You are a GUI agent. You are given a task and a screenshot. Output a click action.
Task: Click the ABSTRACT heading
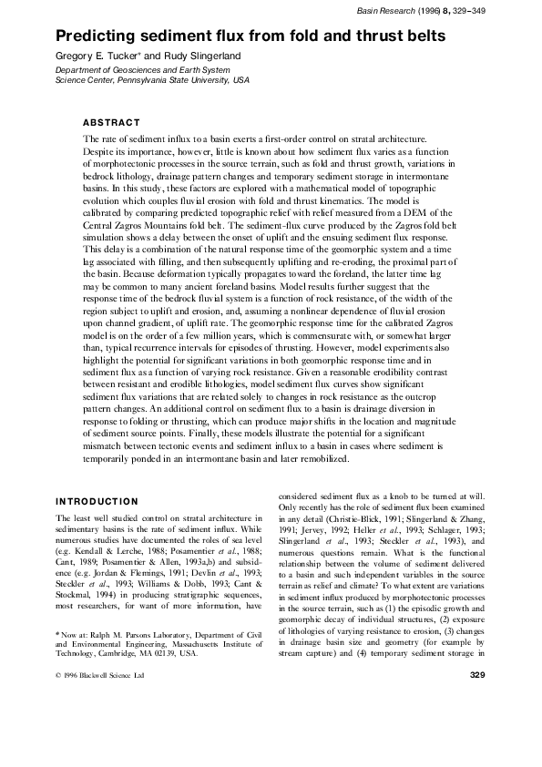click(111, 122)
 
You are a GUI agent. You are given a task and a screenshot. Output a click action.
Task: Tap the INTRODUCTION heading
click(97, 501)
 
